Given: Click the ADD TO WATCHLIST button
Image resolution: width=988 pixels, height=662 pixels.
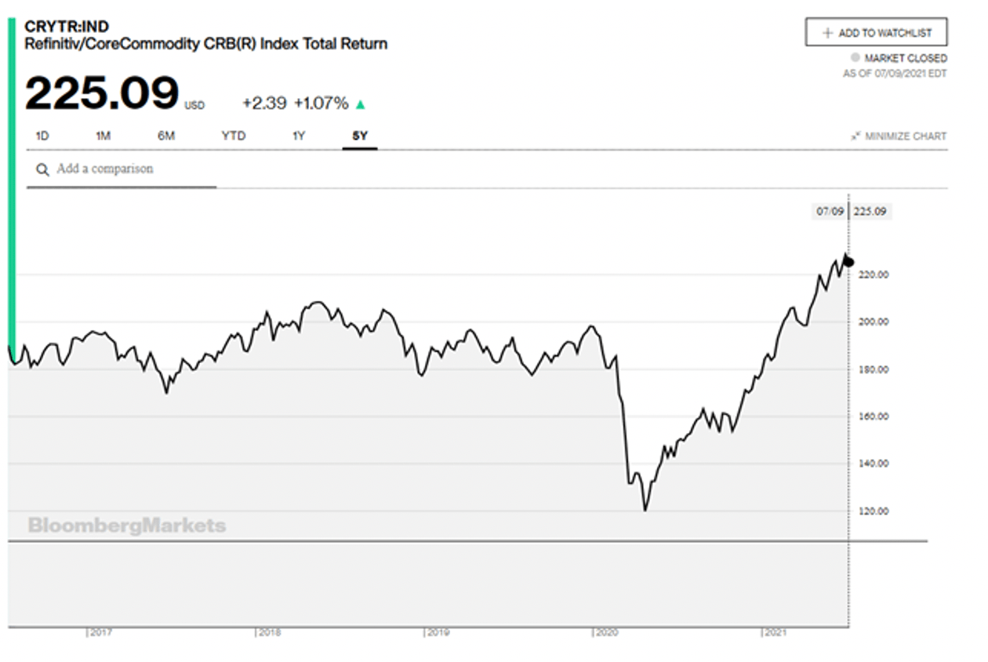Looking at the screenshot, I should [x=876, y=33].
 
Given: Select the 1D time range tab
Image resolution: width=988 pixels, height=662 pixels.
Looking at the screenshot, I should [x=42, y=136].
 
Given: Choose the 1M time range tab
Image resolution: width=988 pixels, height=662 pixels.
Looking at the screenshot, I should [x=103, y=136].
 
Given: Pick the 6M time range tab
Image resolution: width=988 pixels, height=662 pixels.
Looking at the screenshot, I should [x=165, y=136].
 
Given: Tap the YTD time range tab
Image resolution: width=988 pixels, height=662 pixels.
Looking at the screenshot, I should [x=233, y=136].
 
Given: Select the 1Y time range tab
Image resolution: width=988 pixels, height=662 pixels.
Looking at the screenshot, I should [x=299, y=136].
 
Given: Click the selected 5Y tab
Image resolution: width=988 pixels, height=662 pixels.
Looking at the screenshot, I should [x=360, y=136].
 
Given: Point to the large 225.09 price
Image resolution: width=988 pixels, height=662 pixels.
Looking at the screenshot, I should [x=102, y=94].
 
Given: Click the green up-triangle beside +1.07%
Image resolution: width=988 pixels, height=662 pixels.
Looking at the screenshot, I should [x=361, y=104].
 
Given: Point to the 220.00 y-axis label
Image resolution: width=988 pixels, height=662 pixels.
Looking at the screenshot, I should [x=873, y=275].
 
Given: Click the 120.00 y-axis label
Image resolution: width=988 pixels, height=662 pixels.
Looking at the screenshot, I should [x=873, y=511].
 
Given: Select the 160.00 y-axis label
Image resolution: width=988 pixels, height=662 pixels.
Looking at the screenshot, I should [x=873, y=416].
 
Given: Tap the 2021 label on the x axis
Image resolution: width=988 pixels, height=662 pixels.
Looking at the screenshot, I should [x=776, y=632].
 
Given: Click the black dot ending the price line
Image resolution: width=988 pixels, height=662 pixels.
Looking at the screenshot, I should [x=848, y=262].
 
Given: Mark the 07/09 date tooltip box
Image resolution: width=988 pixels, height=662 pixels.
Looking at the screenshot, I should [x=828, y=211].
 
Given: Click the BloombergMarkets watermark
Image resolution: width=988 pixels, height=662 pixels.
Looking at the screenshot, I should [x=126, y=526].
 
